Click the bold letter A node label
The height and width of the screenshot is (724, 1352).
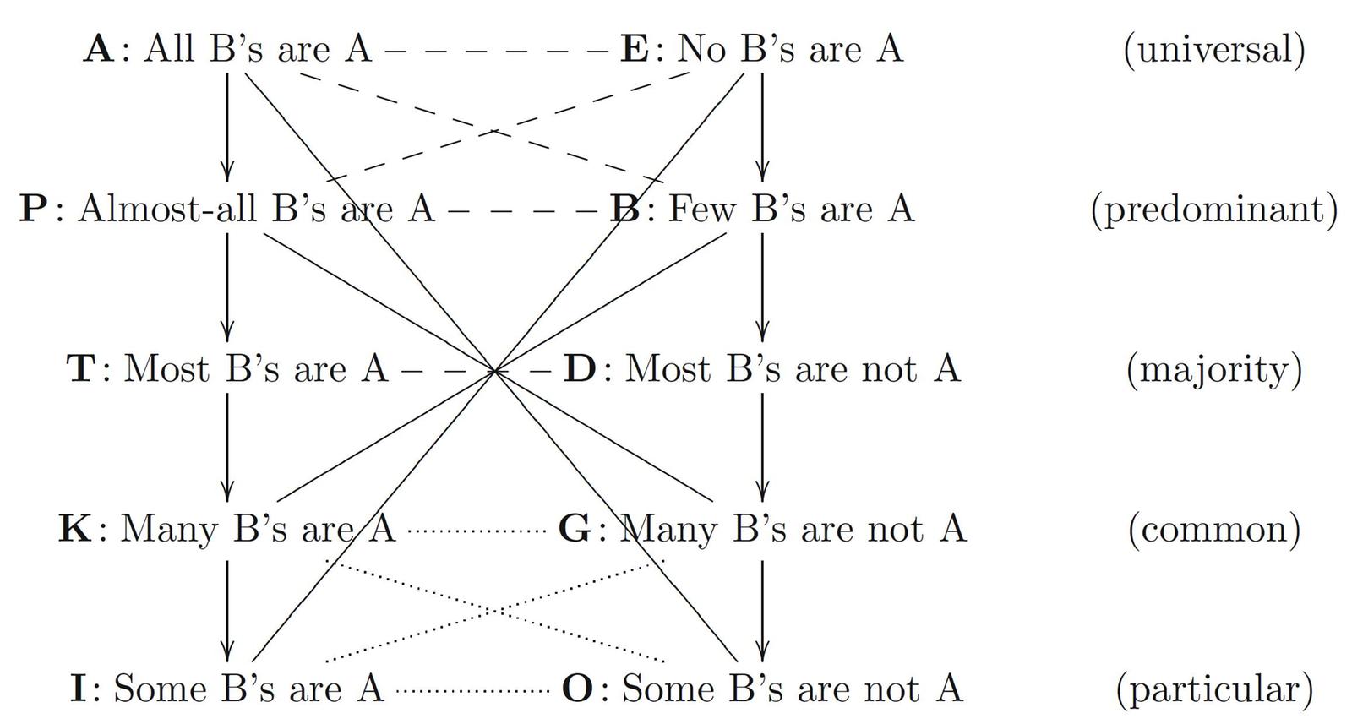coord(98,49)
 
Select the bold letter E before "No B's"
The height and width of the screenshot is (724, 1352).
coord(635,49)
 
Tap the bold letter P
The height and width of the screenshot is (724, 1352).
coord(33,209)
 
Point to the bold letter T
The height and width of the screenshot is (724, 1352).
coord(81,369)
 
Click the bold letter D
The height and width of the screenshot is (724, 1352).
coord(580,369)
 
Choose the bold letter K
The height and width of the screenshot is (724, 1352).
coord(75,529)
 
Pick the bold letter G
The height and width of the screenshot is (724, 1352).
coord(575,529)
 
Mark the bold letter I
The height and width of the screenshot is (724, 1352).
coord(79,689)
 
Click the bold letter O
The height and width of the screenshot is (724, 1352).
coord(578,689)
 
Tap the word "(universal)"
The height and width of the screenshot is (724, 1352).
coord(1213,49)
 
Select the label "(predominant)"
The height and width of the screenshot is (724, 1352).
coord(1213,209)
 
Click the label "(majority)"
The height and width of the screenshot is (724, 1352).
coord(1213,369)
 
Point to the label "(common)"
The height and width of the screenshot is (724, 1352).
coord(1213,529)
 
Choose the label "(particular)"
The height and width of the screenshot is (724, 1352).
coord(1213,689)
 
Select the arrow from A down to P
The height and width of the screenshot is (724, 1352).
coord(226,127)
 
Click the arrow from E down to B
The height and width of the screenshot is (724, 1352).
coord(762,127)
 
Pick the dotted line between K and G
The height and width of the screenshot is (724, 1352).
coord(477,531)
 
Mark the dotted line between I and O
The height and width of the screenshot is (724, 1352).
coord(473,691)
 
